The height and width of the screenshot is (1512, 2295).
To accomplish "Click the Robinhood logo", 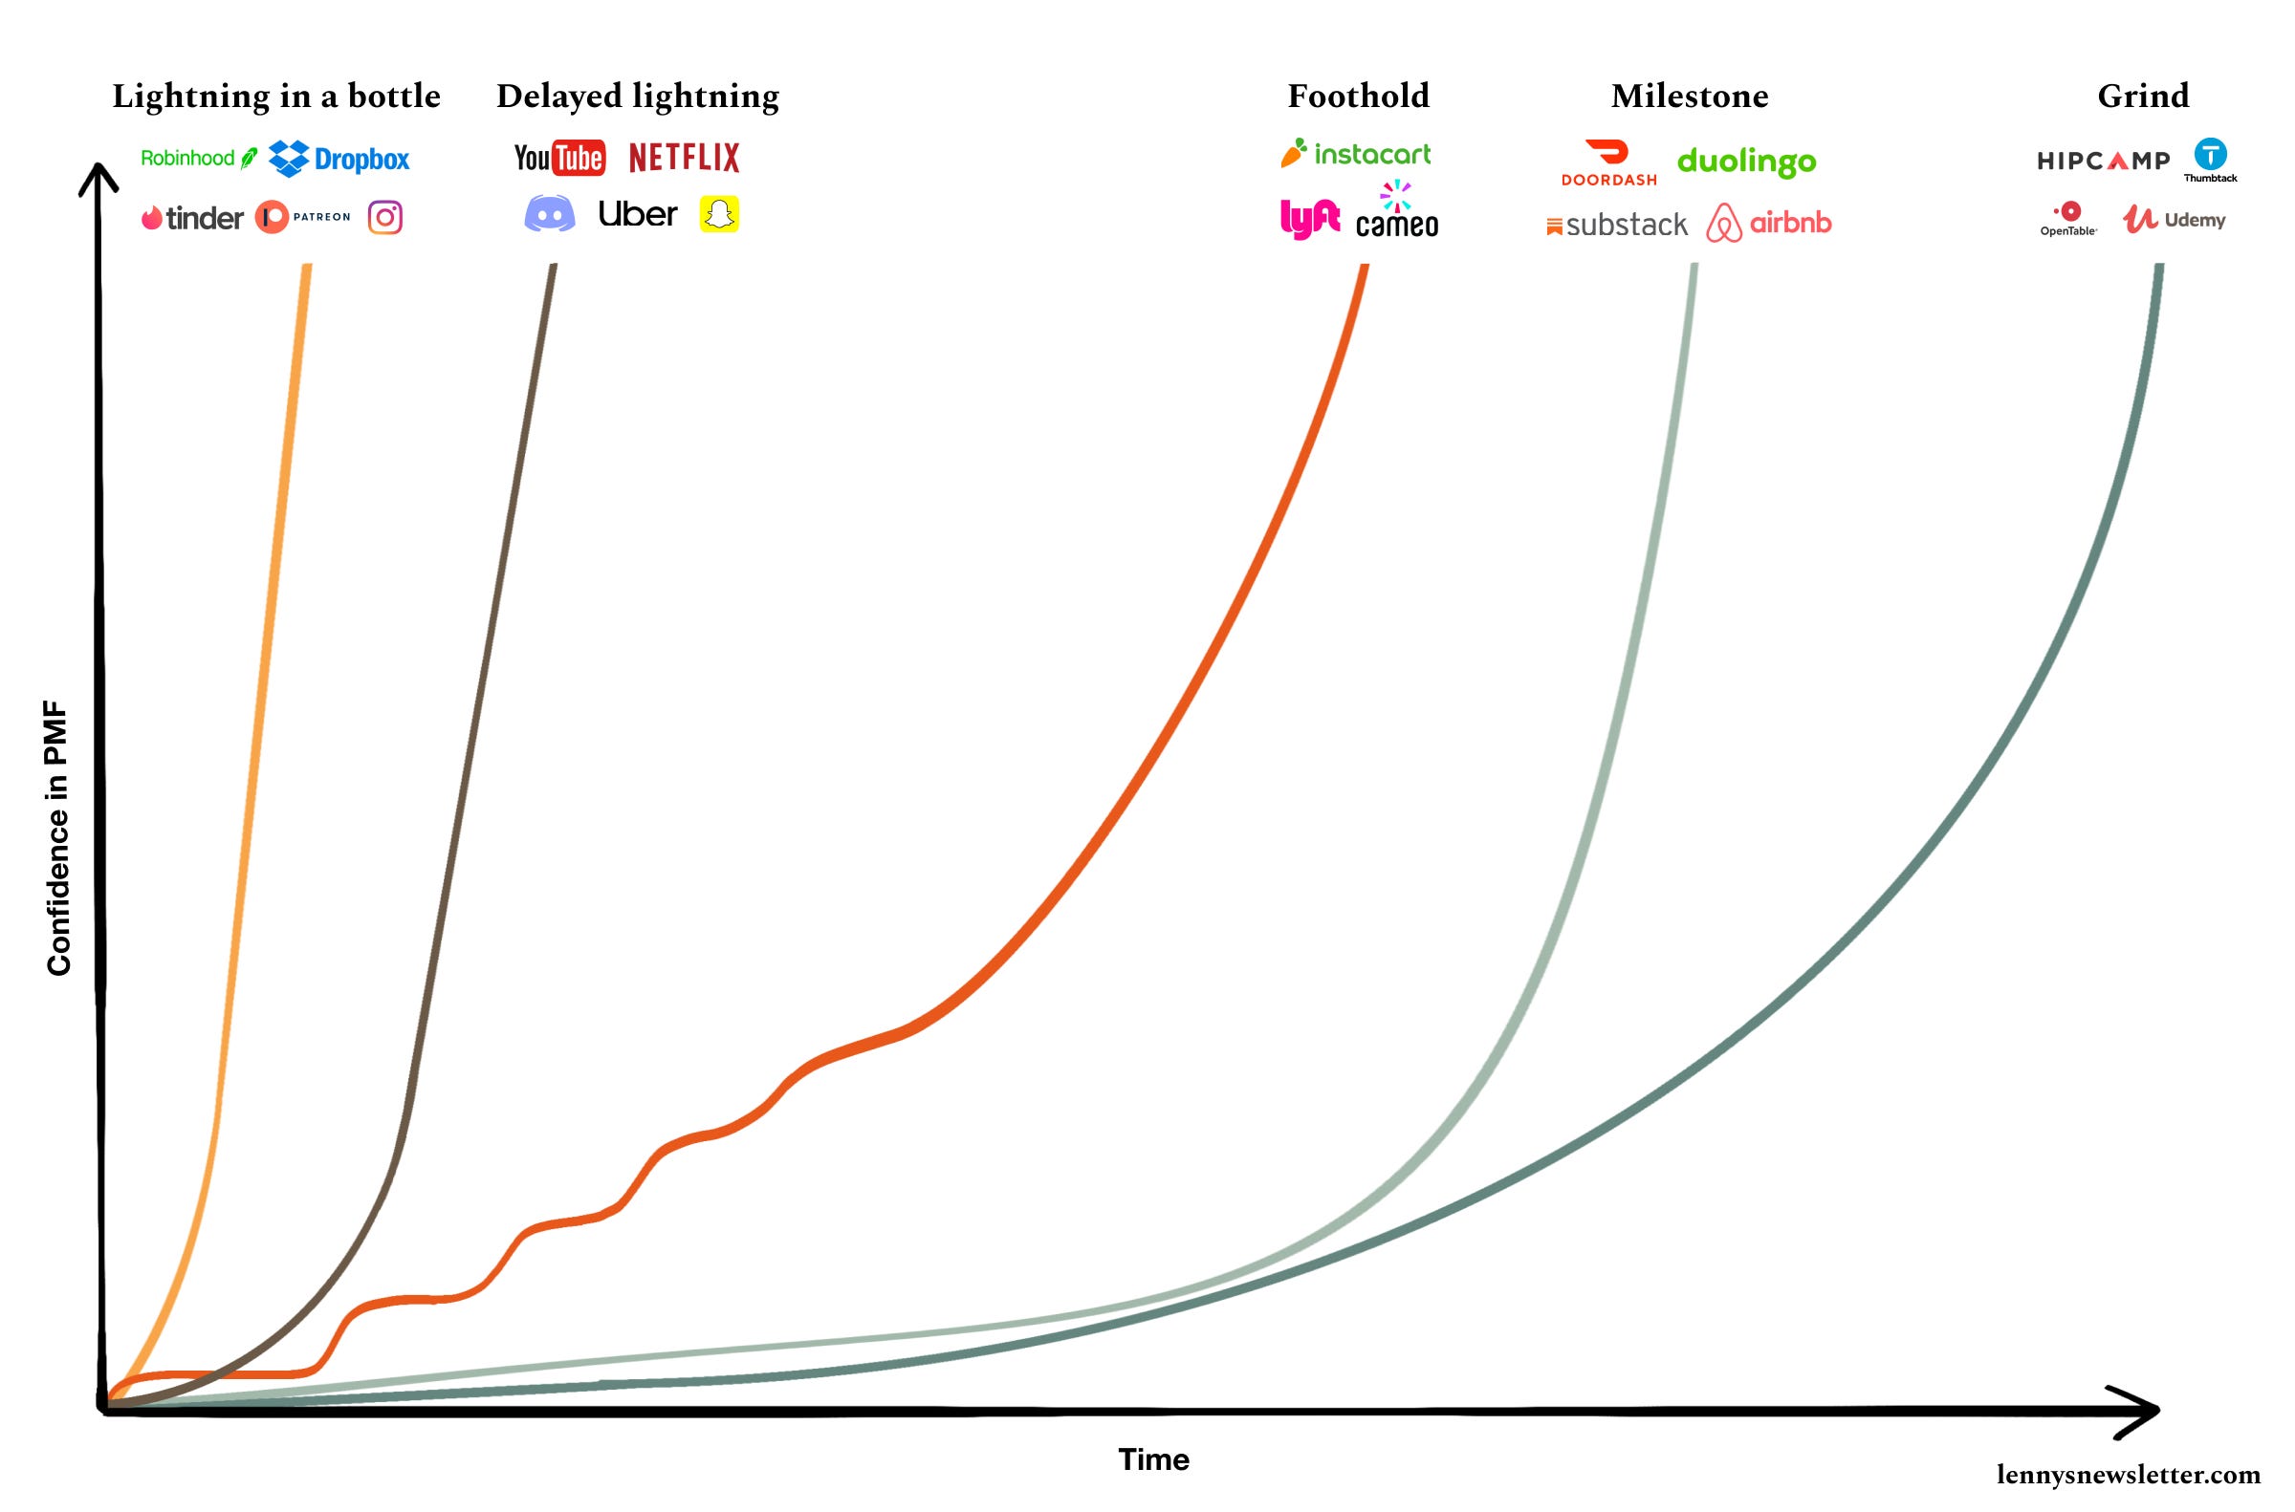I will pos(199,158).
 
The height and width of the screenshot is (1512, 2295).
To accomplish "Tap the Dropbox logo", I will pos(339,159).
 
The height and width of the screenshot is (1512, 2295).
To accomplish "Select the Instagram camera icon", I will pos(385,217).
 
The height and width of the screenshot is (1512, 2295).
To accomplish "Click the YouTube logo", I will pos(559,158).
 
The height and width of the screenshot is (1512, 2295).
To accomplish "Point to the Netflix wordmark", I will pos(684,158).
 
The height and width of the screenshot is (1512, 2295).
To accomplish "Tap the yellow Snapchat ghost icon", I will pos(719,214).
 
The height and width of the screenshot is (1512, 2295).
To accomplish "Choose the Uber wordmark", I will pos(638,214).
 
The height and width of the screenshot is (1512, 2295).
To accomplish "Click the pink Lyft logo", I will pos(1309,219).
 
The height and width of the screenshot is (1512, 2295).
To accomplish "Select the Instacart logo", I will pos(1355,154).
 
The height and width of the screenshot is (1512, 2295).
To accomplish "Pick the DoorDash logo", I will pos(1608,163).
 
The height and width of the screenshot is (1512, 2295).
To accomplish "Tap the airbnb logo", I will pos(1768,223).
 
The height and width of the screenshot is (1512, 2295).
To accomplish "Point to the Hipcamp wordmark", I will pos(2103,161).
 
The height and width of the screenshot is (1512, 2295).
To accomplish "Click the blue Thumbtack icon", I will pos(2210,154).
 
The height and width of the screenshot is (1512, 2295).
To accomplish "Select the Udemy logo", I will pos(2174,220).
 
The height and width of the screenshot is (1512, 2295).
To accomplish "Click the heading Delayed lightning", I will pos(638,97).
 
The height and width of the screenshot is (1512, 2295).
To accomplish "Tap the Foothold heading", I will pos(1358,97).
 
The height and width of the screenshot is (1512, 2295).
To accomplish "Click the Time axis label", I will pos(1154,1459).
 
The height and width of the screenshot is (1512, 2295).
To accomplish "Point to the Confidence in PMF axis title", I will pos(58,838).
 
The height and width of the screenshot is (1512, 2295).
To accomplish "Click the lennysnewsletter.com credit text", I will pos(2128,1475).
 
